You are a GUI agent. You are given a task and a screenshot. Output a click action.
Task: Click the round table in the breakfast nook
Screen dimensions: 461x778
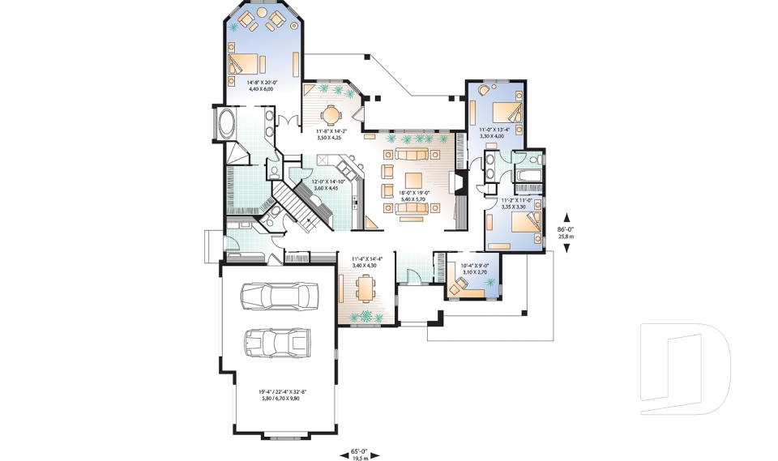[330, 113]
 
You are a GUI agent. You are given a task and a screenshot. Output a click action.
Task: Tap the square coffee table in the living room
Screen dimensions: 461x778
[413, 181]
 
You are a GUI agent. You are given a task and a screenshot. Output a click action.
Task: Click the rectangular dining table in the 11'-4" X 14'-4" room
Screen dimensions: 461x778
[366, 287]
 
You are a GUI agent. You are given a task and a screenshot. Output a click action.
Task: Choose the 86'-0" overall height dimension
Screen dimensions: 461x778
[566, 233]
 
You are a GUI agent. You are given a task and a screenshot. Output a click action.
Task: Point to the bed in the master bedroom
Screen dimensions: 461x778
[246, 63]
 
